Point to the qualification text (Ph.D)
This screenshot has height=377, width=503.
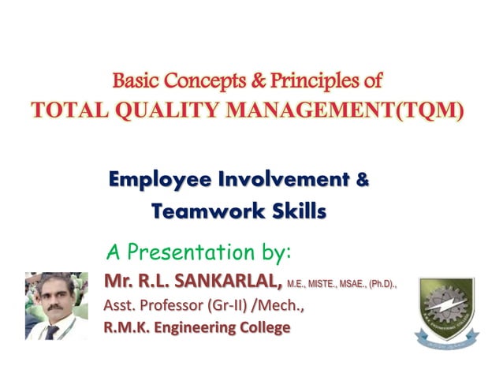point(378,282)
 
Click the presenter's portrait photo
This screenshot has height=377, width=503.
point(57,306)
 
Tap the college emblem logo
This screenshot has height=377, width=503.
point(446,312)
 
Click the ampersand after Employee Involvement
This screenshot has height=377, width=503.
point(362,180)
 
